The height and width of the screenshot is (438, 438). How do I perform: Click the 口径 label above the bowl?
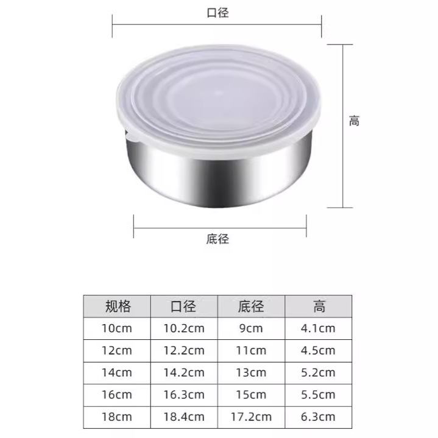[x=217, y=12]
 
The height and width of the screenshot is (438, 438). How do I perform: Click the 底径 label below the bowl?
[x=217, y=239]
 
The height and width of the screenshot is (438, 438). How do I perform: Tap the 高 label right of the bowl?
[x=354, y=121]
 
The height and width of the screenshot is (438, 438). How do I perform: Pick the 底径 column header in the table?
[x=251, y=306]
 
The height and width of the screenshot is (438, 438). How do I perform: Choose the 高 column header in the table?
[x=319, y=306]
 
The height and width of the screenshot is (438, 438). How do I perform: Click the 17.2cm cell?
[x=251, y=417]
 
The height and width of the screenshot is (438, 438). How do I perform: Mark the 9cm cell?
[x=251, y=328]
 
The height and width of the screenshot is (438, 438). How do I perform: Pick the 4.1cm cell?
[x=319, y=328]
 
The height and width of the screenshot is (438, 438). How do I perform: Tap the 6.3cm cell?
[x=319, y=417]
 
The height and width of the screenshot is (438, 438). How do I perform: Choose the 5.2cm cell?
[x=319, y=372]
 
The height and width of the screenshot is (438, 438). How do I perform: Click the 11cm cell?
[x=251, y=350]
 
